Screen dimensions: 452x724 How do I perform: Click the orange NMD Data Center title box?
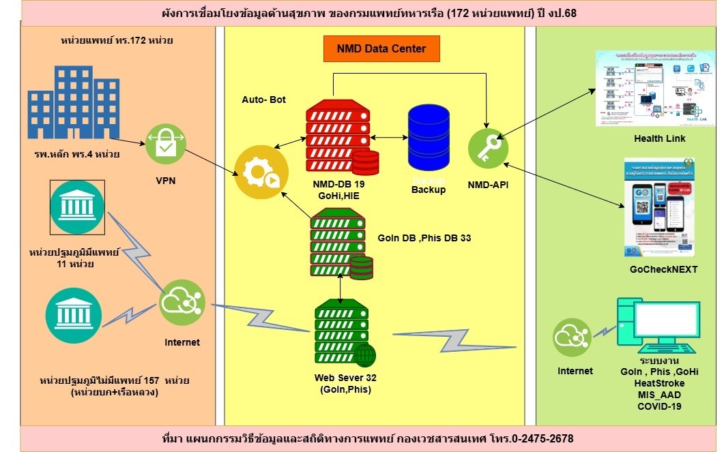pyautogui.click(x=381, y=48)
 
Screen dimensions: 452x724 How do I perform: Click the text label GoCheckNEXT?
pyautogui.click(x=663, y=269)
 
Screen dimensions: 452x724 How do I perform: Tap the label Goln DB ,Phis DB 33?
pyautogui.click(x=424, y=239)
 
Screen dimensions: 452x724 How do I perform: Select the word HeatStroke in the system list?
pyautogui.click(x=660, y=384)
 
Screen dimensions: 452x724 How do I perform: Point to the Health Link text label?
pyautogui.click(x=659, y=138)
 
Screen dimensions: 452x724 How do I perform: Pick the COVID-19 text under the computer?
pyautogui.click(x=660, y=406)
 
